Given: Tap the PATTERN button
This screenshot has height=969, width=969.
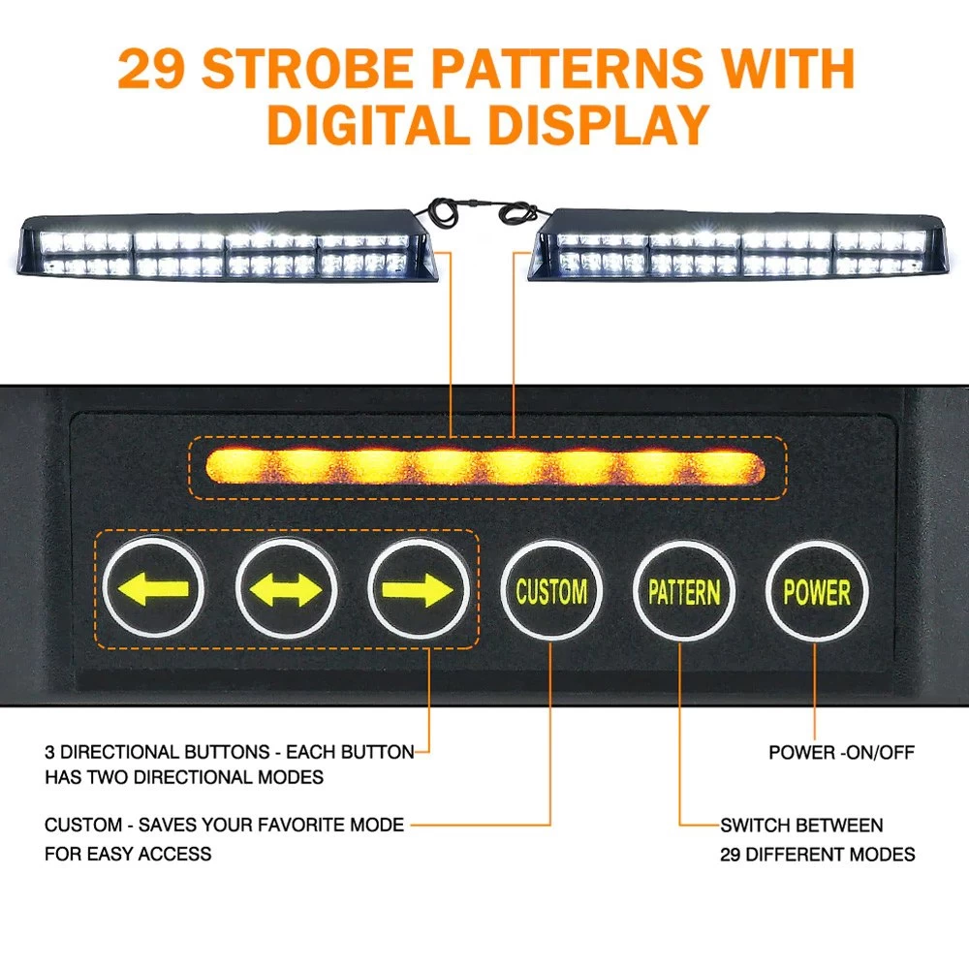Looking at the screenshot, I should click(684, 590).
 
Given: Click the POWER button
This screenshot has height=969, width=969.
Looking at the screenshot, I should click(816, 590).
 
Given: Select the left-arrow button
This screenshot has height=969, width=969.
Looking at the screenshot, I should click(153, 588).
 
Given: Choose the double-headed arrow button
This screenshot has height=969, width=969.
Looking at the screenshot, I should click(286, 588).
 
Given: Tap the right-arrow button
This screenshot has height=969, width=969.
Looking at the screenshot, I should click(418, 588).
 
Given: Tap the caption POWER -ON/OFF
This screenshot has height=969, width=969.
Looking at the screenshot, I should click(841, 752).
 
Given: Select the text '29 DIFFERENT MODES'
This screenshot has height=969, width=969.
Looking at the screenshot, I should click(817, 855).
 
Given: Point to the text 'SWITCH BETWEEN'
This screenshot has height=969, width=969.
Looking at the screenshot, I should click(801, 826).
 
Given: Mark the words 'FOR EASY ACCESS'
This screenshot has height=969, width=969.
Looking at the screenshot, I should click(128, 855).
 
